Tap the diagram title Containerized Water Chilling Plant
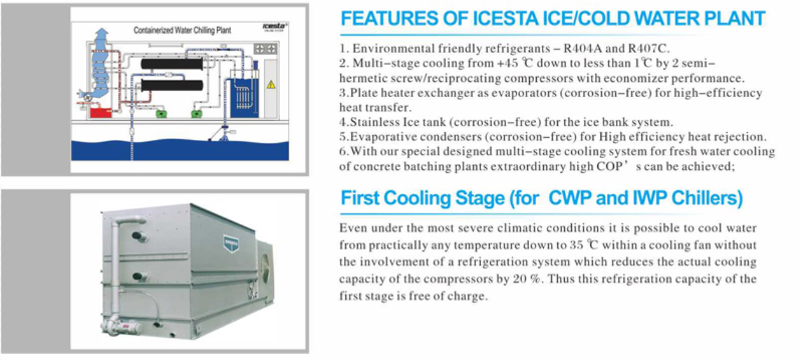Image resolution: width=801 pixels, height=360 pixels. [x=182, y=30]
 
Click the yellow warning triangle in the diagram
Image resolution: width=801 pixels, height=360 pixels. [x=271, y=84]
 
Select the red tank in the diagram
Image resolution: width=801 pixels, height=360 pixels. [x=100, y=113]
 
